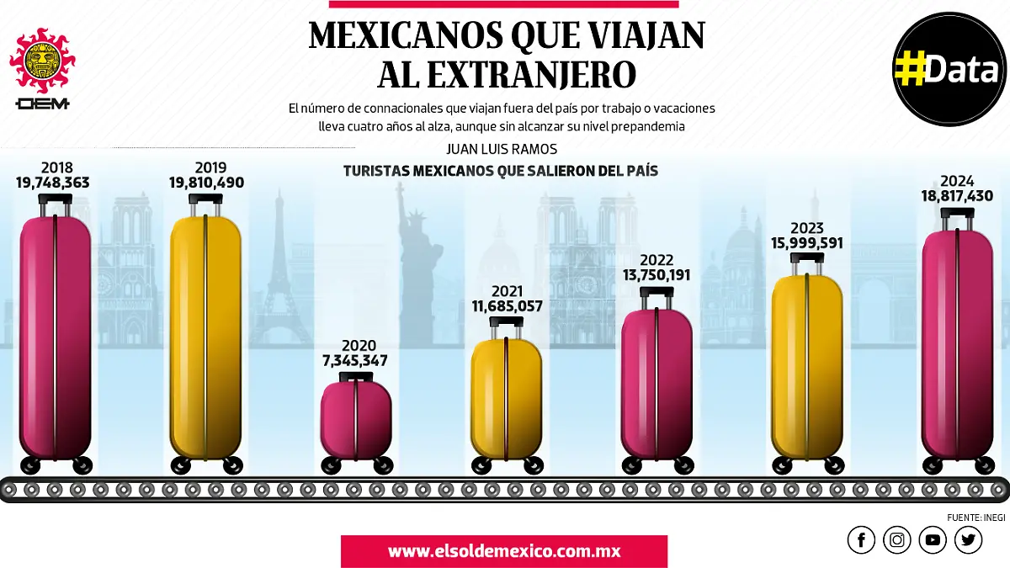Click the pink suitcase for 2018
coord(56,337)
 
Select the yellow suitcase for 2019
coord(205,337)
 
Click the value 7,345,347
coord(359,361)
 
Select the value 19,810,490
coord(206,183)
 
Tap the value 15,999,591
coord(807,243)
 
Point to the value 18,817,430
coord(957,196)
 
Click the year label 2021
coord(508,291)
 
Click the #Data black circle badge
coord(948,70)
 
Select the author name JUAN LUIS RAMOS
coord(500,150)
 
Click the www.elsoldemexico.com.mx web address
coord(503,552)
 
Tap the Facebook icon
coord(861,540)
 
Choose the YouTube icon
coord(933,540)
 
